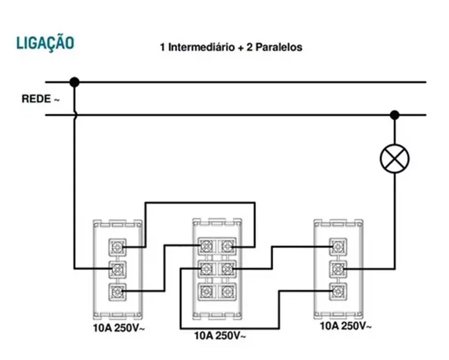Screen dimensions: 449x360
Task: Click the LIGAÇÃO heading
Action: (45, 44)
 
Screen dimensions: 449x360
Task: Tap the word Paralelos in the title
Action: (279, 47)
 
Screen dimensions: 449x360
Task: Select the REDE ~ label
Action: (41, 99)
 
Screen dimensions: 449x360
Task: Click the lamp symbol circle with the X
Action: (395, 158)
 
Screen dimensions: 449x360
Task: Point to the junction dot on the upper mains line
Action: (74, 82)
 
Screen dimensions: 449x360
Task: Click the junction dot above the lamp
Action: (395, 115)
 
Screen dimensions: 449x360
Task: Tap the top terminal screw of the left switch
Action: (117, 247)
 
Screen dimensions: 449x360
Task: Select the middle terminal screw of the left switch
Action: (117, 269)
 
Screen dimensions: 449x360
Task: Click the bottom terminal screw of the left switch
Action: (117, 291)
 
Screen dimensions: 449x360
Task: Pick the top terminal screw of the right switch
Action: (338, 247)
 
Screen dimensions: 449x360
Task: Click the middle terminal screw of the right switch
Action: (338, 269)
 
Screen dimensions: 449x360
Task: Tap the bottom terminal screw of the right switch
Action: (338, 291)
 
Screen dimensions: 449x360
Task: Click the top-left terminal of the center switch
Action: (207, 246)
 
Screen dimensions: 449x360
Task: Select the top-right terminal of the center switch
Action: (227, 246)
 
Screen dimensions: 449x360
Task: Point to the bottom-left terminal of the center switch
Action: (207, 291)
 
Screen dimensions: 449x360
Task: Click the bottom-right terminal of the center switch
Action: (227, 291)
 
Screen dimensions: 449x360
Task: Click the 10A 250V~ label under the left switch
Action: (119, 328)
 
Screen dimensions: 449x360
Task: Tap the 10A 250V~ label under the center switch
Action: (220, 336)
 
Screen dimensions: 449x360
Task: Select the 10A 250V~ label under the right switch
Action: (346, 326)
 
